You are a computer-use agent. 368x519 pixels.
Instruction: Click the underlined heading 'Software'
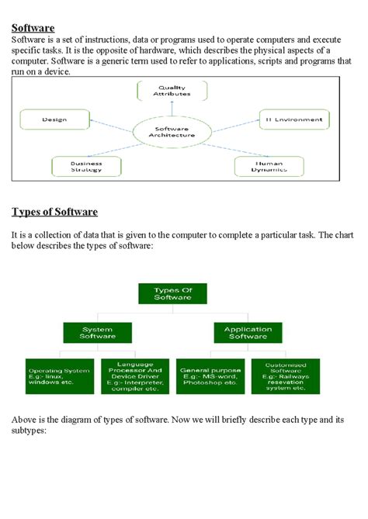coord(33,28)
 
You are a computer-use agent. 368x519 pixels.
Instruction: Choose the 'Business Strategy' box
coord(86,167)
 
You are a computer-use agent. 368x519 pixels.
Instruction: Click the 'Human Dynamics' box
coord(270,167)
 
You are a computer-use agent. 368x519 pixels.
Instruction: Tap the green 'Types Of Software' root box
coord(172,293)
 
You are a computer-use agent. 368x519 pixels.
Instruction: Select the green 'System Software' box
coord(98,334)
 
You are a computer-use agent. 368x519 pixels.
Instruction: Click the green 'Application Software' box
coord(248,334)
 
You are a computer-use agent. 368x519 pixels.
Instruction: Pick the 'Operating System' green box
coord(60,375)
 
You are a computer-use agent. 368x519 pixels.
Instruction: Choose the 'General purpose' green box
coord(210,375)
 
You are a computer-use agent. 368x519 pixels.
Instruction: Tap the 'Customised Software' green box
coord(285,375)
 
